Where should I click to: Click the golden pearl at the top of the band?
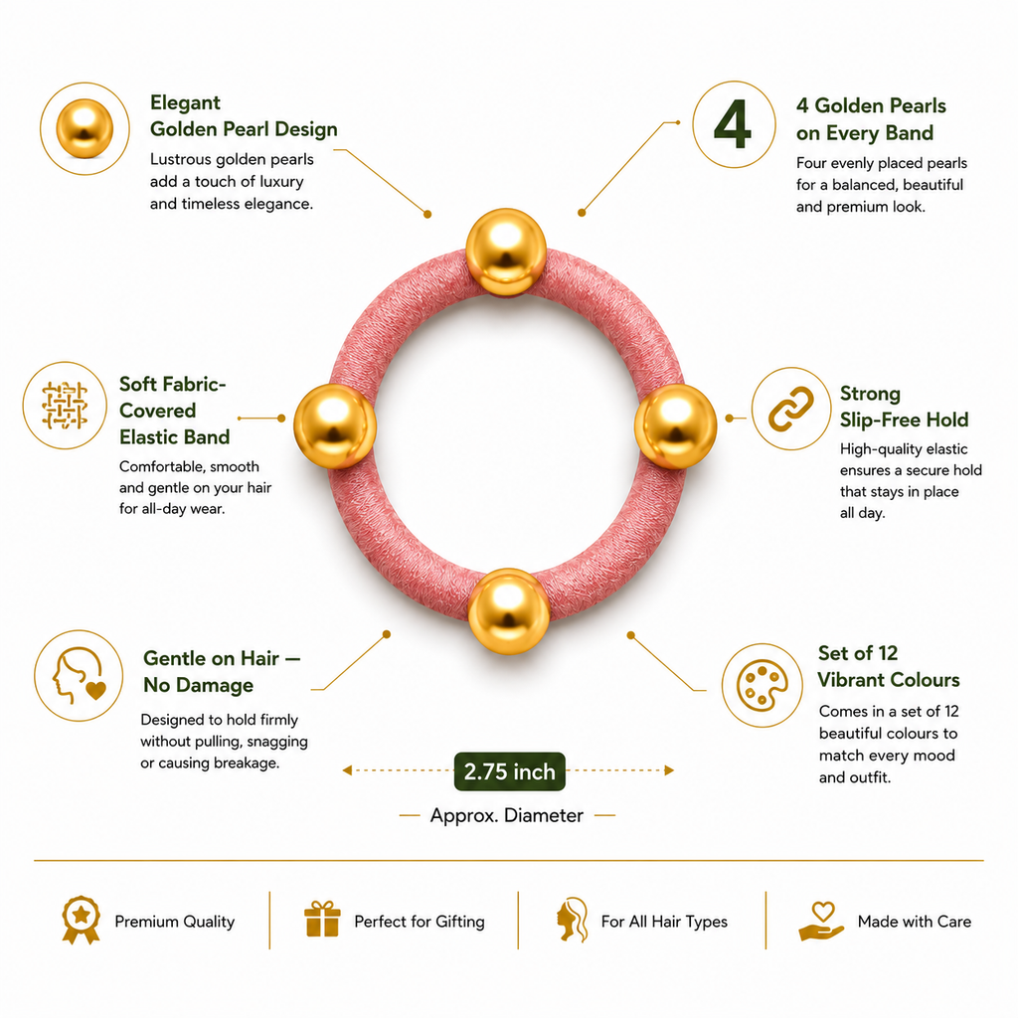[x=506, y=252]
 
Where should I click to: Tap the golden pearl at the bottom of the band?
[x=508, y=611]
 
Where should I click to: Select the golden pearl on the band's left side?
[x=335, y=425]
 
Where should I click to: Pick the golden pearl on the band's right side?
[x=675, y=425]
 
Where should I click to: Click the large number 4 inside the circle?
[x=733, y=124]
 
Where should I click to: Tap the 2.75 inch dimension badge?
[x=510, y=771]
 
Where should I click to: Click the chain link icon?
[x=790, y=409]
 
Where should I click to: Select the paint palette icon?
[x=763, y=686]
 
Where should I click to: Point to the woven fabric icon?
[x=65, y=406]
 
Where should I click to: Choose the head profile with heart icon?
[x=79, y=675]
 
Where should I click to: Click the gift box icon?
[x=322, y=920]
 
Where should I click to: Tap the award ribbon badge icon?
[x=82, y=920]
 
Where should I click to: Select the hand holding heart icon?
[x=821, y=921]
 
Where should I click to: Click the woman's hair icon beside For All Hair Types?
[x=573, y=920]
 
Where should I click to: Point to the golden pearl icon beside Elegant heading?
[x=85, y=128]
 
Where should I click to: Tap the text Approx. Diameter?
[x=506, y=815]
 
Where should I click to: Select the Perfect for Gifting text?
[x=420, y=922]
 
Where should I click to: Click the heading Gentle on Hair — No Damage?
[x=222, y=671]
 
